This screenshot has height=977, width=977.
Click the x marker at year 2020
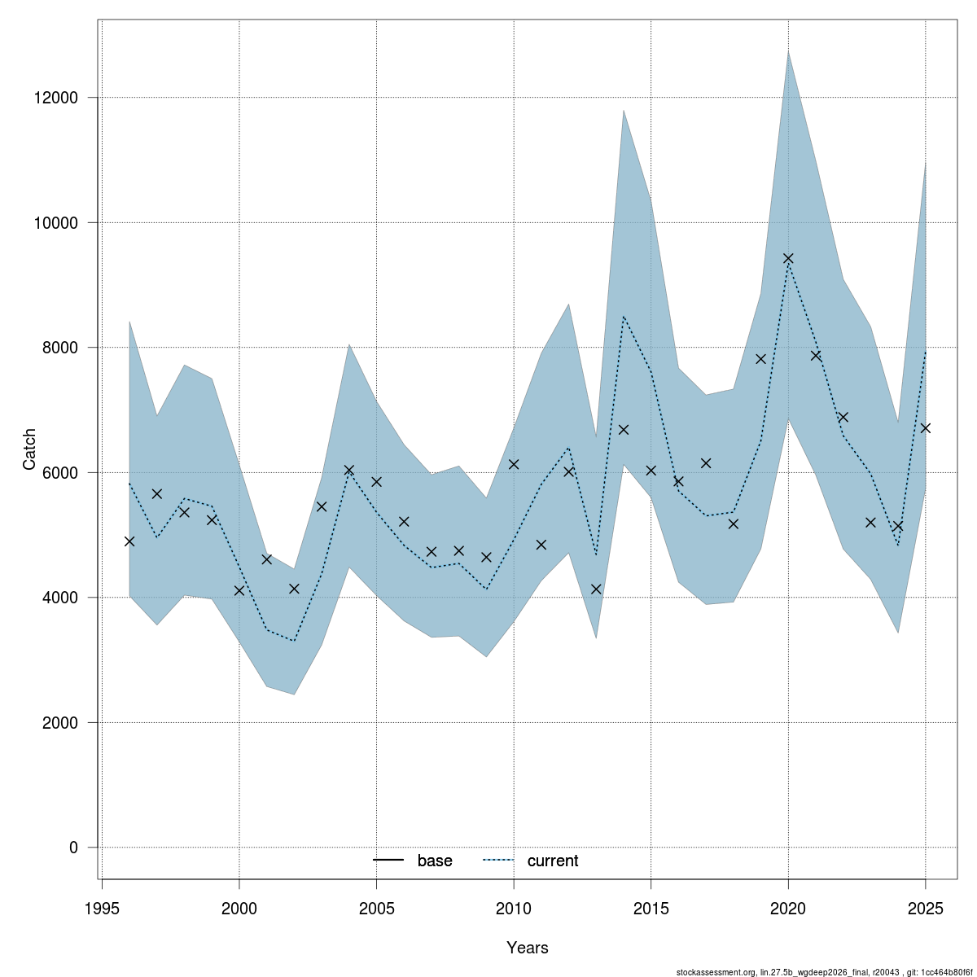click(x=788, y=259)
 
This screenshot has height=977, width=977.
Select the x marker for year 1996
click(x=129, y=541)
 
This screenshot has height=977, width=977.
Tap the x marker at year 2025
click(x=925, y=428)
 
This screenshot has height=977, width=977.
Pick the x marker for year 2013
click(x=596, y=589)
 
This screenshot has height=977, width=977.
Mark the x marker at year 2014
click(x=624, y=430)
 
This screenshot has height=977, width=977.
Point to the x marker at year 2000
click(x=239, y=590)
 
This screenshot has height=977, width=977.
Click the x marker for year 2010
click(x=514, y=464)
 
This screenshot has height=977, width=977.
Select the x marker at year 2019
click(x=760, y=359)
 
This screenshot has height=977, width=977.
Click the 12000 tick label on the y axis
click(x=56, y=98)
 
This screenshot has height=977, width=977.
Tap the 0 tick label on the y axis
click(x=74, y=848)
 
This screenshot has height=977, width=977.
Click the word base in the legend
click(x=435, y=861)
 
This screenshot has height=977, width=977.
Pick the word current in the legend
click(x=553, y=861)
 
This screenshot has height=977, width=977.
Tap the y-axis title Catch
click(x=29, y=449)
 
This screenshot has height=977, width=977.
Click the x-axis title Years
click(x=528, y=948)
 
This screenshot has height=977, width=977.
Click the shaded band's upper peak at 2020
click(x=788, y=51)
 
